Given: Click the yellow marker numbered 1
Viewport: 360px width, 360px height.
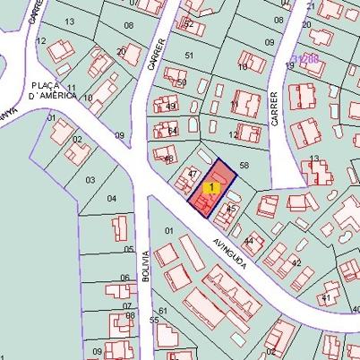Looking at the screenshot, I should pyautogui.click(x=211, y=187).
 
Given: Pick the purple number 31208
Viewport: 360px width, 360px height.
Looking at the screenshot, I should pyautogui.click(x=305, y=59).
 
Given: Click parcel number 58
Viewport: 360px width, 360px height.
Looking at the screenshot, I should pyautogui.click(x=244, y=166).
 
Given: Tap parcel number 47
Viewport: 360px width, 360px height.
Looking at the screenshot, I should pyautogui.click(x=192, y=173).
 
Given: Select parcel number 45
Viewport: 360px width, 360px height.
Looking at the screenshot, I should pyautogui.click(x=230, y=208).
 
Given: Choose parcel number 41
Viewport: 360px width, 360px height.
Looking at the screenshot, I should pyautogui.click(x=327, y=296).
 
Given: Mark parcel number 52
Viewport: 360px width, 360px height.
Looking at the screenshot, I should pyautogui.click(x=188, y=24).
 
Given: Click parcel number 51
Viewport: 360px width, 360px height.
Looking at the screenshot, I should pyautogui.click(x=188, y=56).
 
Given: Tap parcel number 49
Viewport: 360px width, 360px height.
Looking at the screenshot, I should pyautogui.click(x=171, y=106).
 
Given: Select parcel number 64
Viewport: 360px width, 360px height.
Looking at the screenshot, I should pyautogui.click(x=172, y=132).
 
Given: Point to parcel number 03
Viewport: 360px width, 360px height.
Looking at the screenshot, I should pyautogui.click(x=90, y=180).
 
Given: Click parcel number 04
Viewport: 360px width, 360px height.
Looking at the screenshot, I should pyautogui.click(x=111, y=198).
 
